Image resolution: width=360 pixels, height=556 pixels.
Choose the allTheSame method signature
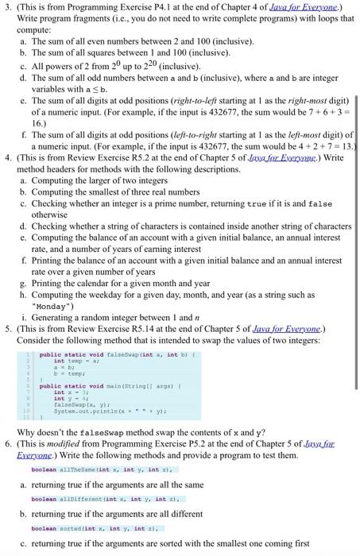[x=84, y=470]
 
